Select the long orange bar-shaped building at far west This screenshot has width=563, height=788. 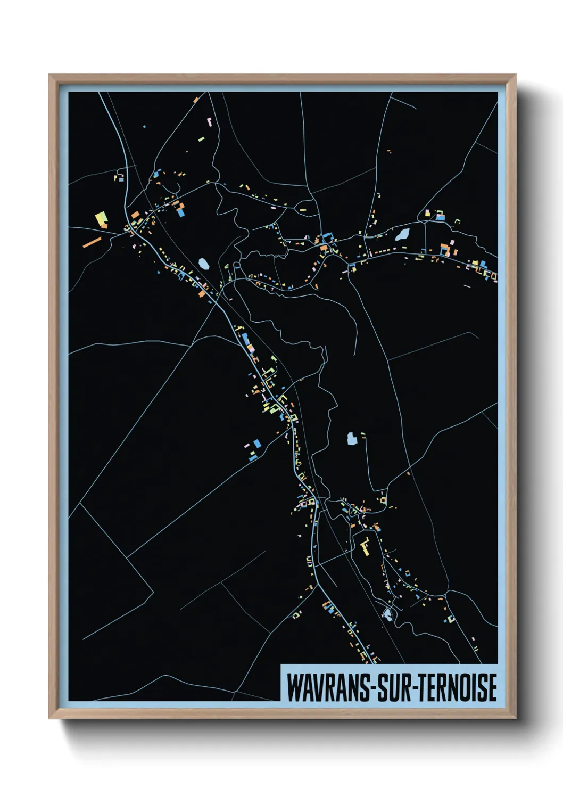tap(92, 242)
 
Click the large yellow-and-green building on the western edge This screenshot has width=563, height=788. tap(101, 219)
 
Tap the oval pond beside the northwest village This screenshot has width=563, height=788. tap(203, 263)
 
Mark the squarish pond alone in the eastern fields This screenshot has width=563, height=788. tap(352, 439)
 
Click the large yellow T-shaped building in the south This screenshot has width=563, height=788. tap(365, 547)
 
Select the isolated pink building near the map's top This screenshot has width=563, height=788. tap(209, 121)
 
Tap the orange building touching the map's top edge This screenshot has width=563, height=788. tap(196, 99)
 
